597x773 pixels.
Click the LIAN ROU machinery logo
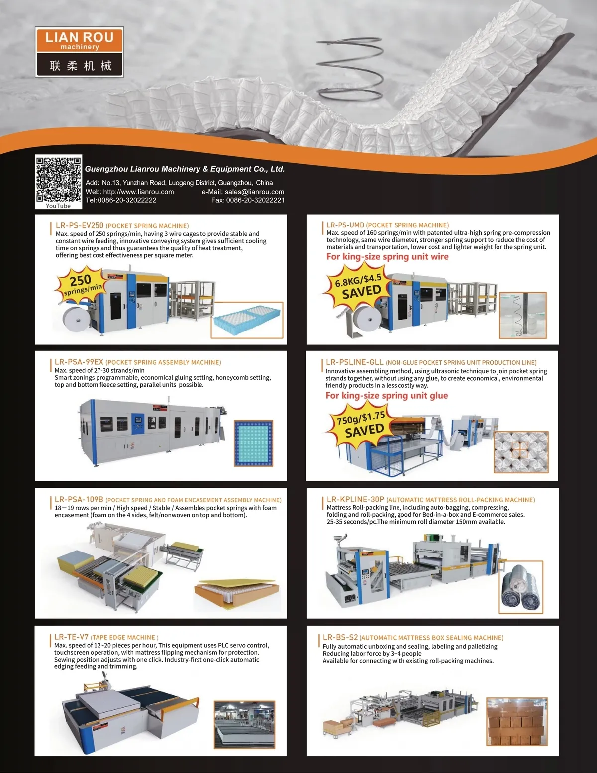pos(79,52)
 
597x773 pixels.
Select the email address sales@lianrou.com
pos(254,192)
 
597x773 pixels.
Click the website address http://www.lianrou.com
pos(138,192)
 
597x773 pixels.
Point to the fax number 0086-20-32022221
pos(255,200)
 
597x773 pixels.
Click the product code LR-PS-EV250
pos(80,225)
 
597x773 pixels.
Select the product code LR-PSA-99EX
pos(79,362)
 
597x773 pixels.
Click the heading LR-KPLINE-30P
pos(355,499)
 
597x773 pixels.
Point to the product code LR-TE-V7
pos(71,637)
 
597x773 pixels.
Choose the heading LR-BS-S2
pos(340,637)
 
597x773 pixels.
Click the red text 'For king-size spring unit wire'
pos(388,257)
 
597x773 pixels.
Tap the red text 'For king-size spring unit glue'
pos(387,396)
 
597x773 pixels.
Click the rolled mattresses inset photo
pos(521,587)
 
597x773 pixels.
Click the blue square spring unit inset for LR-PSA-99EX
pos(253,443)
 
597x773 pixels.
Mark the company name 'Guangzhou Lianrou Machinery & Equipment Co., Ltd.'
pos(185,169)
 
